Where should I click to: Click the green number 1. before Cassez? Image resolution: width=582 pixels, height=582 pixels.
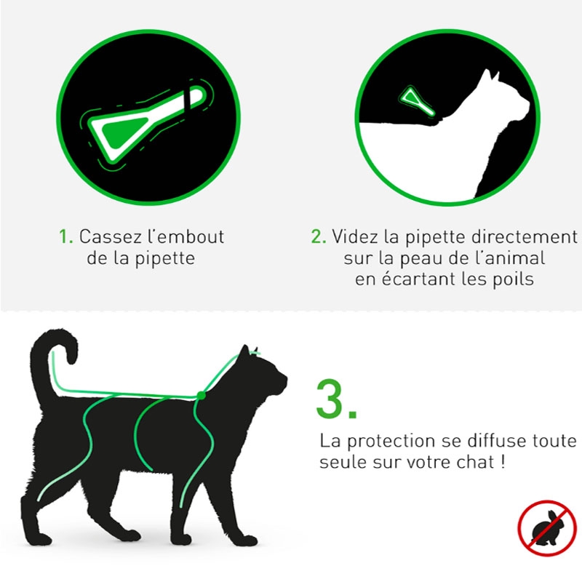(66, 237)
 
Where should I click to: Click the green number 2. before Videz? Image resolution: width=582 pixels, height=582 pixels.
(319, 237)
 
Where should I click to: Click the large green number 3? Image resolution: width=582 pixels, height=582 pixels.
(336, 399)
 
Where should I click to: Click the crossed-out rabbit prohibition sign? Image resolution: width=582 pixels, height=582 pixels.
(547, 528)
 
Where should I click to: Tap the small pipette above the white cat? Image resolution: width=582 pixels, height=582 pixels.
(415, 100)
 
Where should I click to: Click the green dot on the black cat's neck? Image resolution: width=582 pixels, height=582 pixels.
(202, 395)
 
